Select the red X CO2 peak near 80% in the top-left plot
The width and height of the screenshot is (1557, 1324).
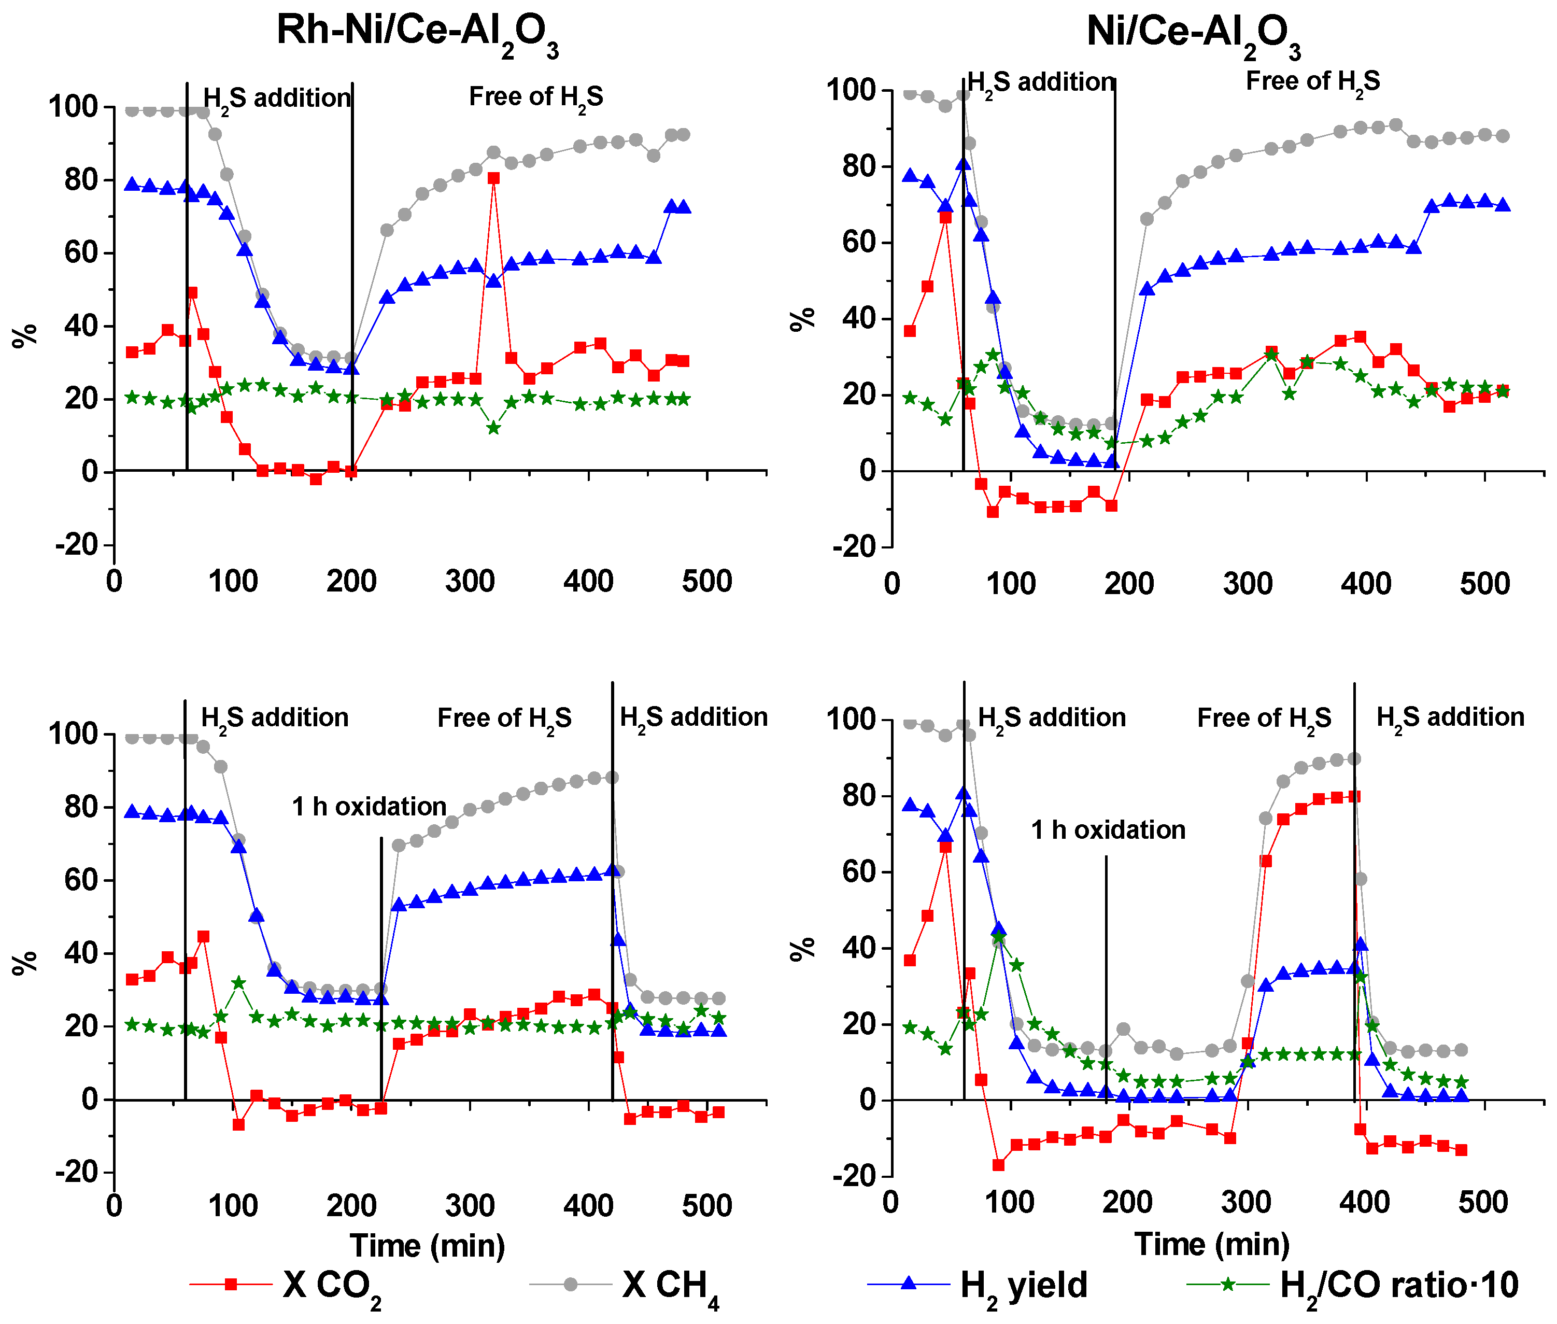[x=493, y=178]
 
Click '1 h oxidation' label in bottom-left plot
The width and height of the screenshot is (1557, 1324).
[x=369, y=807]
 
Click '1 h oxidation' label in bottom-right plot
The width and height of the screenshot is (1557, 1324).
[x=1108, y=830]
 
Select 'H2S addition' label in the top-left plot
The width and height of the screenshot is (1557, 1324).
[x=276, y=98]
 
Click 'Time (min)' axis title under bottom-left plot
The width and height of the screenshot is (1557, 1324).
[x=427, y=1246]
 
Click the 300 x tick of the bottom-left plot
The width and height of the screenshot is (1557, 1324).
[x=470, y=1205]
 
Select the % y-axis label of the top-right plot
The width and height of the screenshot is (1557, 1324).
[x=802, y=318]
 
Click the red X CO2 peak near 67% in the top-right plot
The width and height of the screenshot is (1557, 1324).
[x=945, y=218]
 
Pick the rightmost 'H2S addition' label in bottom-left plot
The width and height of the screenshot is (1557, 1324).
[x=693, y=717]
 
